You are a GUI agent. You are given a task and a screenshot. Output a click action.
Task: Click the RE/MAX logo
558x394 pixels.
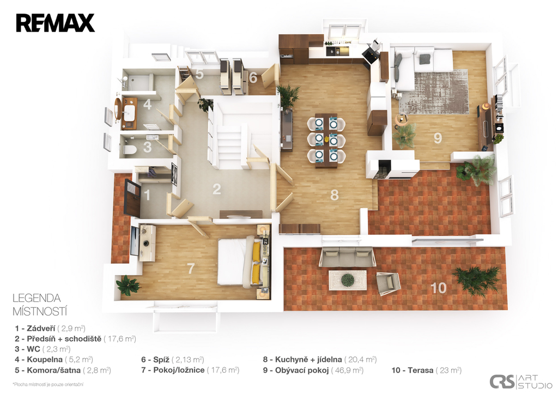(56, 23)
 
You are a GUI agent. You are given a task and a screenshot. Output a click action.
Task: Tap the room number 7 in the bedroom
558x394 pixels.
(191, 268)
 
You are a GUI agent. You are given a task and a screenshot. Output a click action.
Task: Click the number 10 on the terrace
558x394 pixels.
(438, 288)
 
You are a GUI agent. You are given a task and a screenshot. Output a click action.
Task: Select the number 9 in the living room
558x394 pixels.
(438, 138)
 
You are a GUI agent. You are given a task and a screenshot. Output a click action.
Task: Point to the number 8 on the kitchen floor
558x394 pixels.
(334, 195)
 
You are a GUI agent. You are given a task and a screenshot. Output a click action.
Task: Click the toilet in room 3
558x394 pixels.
(130, 150)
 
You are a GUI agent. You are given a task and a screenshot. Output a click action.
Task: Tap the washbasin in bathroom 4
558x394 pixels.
(129, 113)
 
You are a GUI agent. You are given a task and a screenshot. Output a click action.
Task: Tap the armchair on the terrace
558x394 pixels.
(389, 283)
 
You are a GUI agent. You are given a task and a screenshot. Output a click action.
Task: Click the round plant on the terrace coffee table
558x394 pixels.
(347, 280)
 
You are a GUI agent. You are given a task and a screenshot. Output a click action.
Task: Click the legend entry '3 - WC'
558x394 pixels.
(43, 349)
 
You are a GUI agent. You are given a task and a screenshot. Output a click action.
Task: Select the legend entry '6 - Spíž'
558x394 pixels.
(173, 360)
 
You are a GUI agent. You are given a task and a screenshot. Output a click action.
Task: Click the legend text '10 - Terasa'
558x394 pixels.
(427, 371)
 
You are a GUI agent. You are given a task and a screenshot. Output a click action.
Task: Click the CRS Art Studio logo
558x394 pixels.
(521, 381)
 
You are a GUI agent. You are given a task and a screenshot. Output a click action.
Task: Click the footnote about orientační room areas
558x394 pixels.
(48, 384)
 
